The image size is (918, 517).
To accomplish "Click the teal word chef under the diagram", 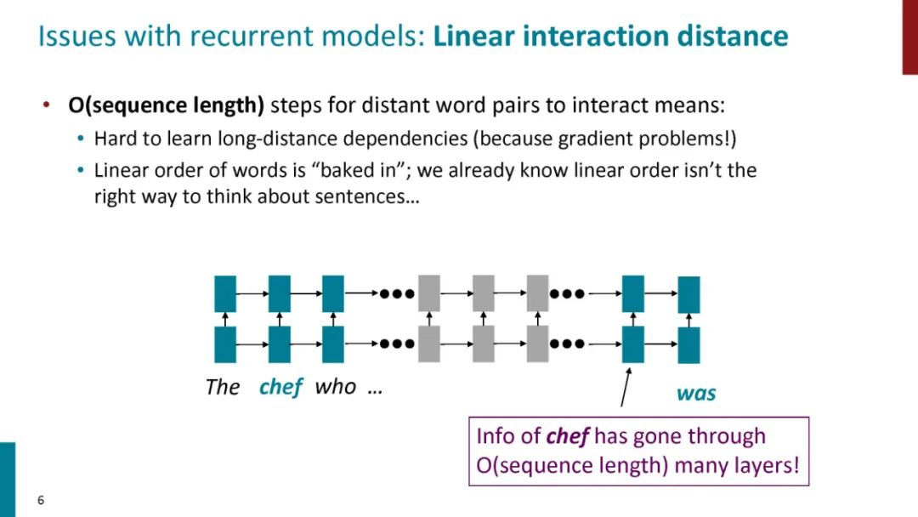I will tap(280, 387).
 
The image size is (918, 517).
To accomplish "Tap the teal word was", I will tap(695, 394).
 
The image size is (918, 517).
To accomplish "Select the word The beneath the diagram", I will tap(223, 388).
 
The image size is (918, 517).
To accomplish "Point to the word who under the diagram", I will tap(335, 387).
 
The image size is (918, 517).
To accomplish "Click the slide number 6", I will tap(40, 500).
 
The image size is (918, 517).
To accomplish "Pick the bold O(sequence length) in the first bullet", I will tap(167, 106).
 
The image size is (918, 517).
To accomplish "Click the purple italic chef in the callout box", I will tap(568, 436).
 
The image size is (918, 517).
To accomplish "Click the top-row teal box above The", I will tap(225, 293).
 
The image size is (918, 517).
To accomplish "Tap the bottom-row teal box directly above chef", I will tap(279, 344).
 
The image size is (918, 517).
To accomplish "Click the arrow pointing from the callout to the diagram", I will tap(626, 388).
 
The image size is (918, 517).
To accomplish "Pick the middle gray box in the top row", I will tap(483, 293).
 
